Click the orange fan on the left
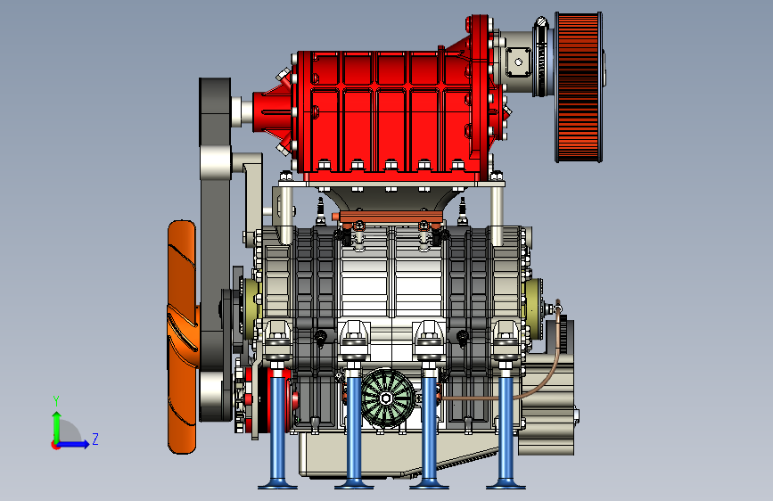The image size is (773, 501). tap(182, 337)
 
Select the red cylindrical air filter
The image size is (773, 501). tap(580, 87)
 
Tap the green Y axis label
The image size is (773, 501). tap(56, 401)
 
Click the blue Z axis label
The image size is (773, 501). tap(95, 439)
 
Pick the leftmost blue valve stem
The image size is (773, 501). tap(277, 426)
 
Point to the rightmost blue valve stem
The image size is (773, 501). tap(506, 426)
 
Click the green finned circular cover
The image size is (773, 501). tap(388, 398)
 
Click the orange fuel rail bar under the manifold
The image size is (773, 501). tap(388, 218)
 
